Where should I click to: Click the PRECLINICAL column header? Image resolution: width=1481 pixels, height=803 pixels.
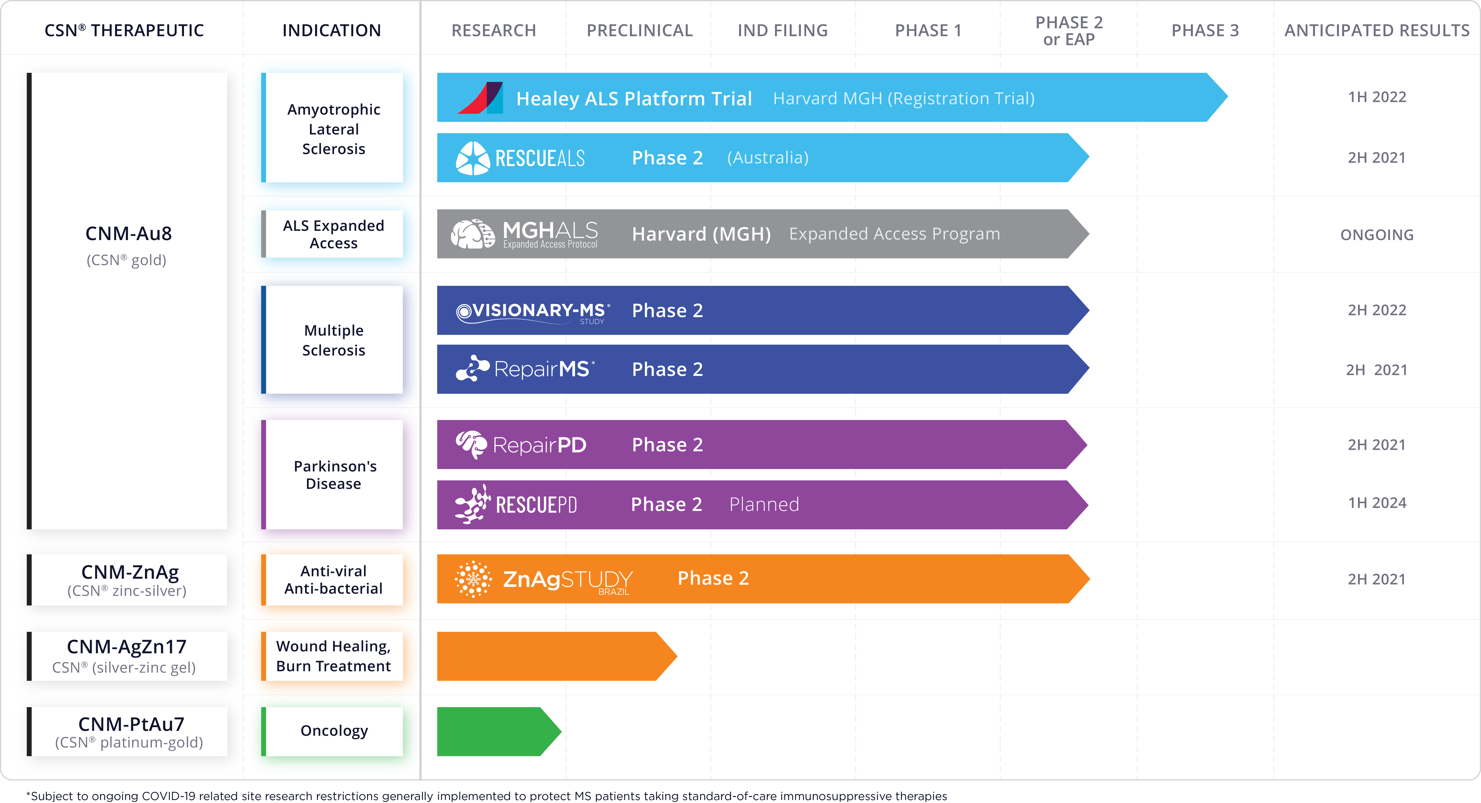[x=639, y=30]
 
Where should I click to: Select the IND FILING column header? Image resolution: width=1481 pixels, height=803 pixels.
[x=782, y=30]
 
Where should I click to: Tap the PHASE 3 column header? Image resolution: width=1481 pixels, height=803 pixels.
[x=1205, y=30]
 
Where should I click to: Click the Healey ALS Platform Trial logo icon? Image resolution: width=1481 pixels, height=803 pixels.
[x=481, y=98]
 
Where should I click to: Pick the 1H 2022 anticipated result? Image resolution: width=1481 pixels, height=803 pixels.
[x=1377, y=97]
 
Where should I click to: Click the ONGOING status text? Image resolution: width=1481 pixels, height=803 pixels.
[x=1377, y=235]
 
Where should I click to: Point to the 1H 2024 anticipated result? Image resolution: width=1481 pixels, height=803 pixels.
[x=1377, y=503]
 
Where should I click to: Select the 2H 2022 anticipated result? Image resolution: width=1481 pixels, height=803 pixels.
[x=1377, y=310]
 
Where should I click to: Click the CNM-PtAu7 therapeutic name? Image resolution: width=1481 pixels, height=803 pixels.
[x=131, y=724]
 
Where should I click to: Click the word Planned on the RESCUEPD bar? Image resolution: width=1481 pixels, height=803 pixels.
[x=764, y=504]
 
